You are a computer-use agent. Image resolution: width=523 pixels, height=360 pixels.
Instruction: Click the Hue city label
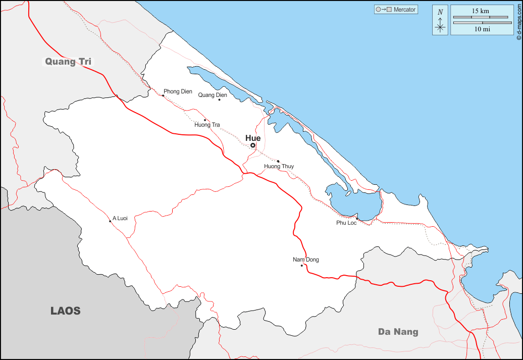point(253,138)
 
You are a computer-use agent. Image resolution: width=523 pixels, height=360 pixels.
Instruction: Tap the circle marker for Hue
point(253,145)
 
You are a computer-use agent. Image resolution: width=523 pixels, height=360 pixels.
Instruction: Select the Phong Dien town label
point(178,92)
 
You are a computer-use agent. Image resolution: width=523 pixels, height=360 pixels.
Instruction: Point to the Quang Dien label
point(213,95)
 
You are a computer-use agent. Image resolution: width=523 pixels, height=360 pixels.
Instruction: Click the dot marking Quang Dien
point(219,99)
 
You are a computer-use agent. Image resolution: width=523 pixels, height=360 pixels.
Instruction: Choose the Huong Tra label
point(207,125)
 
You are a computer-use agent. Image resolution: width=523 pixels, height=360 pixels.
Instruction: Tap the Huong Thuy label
point(279,166)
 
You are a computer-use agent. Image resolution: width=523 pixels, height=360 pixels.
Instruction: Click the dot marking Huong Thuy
point(278,162)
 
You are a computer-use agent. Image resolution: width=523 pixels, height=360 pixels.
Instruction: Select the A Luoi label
point(120,218)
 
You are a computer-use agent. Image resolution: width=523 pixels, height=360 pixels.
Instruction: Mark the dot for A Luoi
point(110,221)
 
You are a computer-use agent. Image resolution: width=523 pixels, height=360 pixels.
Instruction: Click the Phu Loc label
point(346,223)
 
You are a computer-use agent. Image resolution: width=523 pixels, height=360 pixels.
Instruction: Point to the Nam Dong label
point(306,260)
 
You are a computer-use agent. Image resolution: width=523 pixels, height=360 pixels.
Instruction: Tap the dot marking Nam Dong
point(301,266)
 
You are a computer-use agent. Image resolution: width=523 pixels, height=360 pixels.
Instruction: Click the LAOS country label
point(66,311)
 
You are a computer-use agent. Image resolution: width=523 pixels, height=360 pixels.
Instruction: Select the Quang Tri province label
point(68,62)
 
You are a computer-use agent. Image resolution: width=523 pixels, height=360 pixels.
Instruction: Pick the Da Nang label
point(398,332)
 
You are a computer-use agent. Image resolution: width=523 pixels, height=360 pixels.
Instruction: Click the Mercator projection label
point(404,10)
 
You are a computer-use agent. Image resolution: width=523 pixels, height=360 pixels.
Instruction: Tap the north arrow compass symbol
point(440,21)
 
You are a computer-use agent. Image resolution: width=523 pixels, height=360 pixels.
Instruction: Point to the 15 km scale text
point(480,11)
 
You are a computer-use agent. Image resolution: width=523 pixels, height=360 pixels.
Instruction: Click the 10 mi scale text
point(482,29)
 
